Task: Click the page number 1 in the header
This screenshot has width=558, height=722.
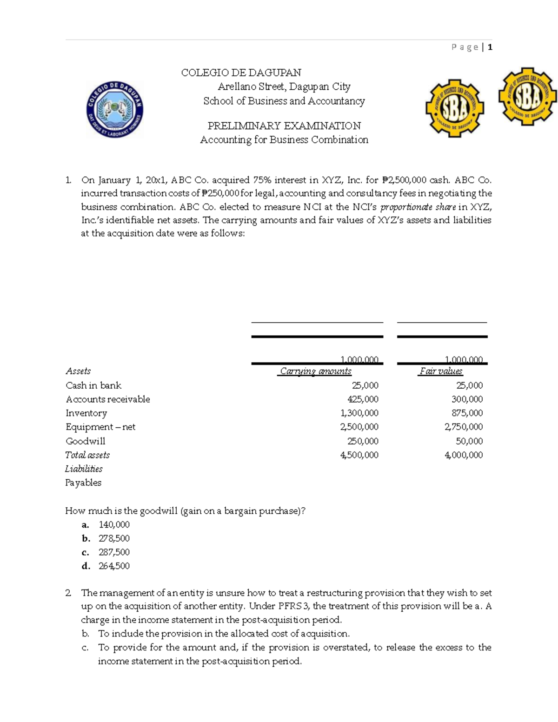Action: coord(490,47)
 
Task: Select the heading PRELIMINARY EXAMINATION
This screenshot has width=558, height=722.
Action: coord(284,126)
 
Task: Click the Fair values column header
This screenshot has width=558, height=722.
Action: coord(441,371)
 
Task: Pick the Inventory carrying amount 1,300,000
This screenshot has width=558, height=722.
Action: coord(359,413)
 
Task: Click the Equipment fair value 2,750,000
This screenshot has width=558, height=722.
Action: coord(464,427)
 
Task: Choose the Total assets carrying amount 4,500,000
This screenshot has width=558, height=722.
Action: coord(359,455)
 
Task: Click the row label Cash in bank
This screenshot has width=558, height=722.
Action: coord(93,385)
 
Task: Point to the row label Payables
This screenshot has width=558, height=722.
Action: coord(83,483)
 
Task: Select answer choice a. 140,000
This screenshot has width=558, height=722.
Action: coord(114,524)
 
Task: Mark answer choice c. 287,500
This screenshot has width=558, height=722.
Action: coord(114,552)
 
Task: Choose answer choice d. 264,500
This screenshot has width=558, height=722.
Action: coord(114,566)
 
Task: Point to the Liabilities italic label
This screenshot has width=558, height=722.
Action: coord(84,469)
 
